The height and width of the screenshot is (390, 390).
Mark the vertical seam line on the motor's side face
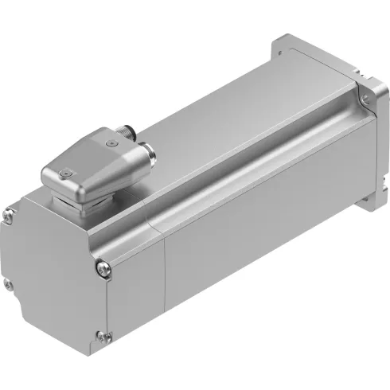tap(165, 279)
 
